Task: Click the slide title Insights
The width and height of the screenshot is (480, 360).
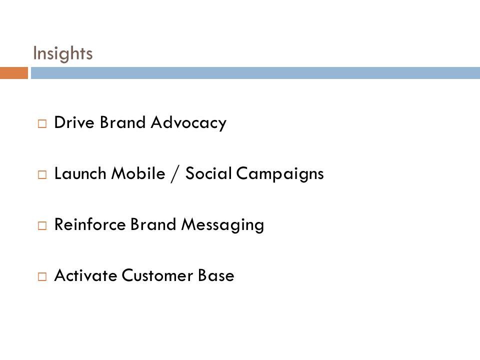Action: point(63,54)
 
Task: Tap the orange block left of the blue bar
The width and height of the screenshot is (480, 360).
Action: point(14,73)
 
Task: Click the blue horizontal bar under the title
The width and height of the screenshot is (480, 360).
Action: point(255,73)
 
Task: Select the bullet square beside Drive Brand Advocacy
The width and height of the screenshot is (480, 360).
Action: point(42,123)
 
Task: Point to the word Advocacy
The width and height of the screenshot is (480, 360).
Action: point(188,123)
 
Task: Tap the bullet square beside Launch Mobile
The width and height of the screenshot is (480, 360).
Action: point(42,174)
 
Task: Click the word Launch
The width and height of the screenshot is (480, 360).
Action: point(80,173)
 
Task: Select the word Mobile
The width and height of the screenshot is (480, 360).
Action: point(138,173)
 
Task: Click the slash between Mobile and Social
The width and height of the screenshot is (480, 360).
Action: point(175,174)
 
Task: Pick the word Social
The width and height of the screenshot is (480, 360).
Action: point(208,173)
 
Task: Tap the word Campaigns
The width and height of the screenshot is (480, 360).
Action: point(280,174)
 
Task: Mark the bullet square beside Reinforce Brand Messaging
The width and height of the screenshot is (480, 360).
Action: point(42,225)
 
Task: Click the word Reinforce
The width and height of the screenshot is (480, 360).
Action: point(90,224)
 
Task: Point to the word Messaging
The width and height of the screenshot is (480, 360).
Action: point(222,225)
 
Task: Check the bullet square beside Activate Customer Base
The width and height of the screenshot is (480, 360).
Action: point(42,276)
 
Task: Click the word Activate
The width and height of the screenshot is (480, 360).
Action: point(85,275)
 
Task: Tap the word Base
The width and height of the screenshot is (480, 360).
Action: point(216,275)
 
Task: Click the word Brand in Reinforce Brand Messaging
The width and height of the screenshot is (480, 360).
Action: point(153,224)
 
